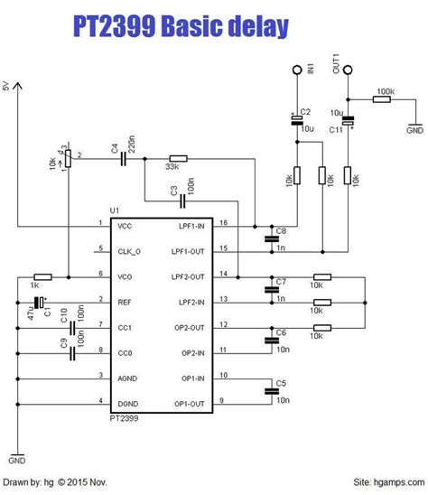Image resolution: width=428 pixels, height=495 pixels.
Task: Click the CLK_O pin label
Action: point(131,250)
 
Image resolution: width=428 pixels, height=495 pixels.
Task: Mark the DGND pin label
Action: point(129,402)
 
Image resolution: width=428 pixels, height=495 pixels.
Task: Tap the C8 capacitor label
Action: point(281,231)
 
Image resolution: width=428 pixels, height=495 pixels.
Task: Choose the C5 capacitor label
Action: point(281,383)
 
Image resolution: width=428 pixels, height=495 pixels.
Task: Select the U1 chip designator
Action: point(115,210)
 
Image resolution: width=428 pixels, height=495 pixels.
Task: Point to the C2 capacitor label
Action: point(305,111)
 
